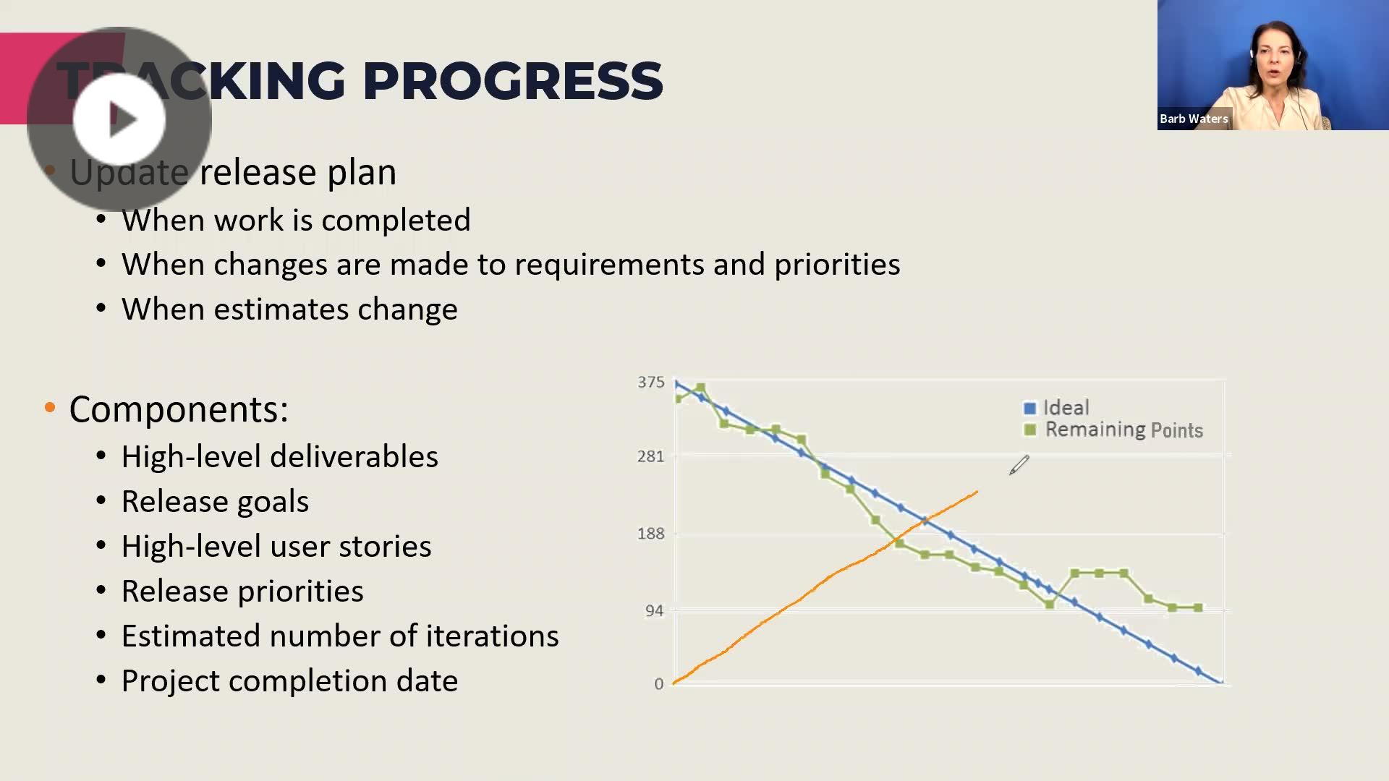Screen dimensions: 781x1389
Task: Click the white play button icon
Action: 120,119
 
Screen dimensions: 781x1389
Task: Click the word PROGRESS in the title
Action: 512,80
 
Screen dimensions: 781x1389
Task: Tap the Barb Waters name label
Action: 1194,119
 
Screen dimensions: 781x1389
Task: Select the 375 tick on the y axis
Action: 650,383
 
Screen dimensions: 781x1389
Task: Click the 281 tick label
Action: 650,457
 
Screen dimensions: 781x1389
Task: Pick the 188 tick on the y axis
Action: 650,534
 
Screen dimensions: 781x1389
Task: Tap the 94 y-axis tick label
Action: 654,611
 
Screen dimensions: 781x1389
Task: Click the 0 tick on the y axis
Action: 658,684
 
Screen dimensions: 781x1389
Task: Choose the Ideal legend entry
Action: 1065,408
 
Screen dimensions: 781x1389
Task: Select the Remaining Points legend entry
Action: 1123,430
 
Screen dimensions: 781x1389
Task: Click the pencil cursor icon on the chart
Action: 1019,465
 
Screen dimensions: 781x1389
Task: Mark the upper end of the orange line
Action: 977,492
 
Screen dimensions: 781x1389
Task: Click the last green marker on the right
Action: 1198,608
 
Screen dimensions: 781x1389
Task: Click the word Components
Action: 178,409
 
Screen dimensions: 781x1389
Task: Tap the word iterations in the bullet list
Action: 492,636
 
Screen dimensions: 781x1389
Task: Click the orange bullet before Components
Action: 50,408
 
